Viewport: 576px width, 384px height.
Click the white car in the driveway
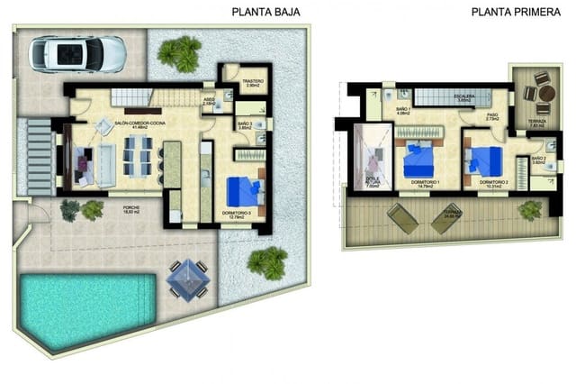(x=77, y=54)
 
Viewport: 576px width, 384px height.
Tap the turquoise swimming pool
(x=81, y=309)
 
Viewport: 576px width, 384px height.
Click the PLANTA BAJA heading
(x=265, y=13)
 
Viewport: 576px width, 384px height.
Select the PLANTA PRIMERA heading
(x=509, y=13)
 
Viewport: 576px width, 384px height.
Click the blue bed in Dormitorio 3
(x=244, y=192)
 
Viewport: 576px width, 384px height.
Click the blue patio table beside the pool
(x=188, y=277)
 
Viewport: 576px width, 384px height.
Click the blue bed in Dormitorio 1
(x=419, y=161)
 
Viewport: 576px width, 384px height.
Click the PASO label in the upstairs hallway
(x=492, y=115)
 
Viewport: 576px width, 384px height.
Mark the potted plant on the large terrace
(x=530, y=210)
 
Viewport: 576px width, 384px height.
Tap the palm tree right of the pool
(x=267, y=263)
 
